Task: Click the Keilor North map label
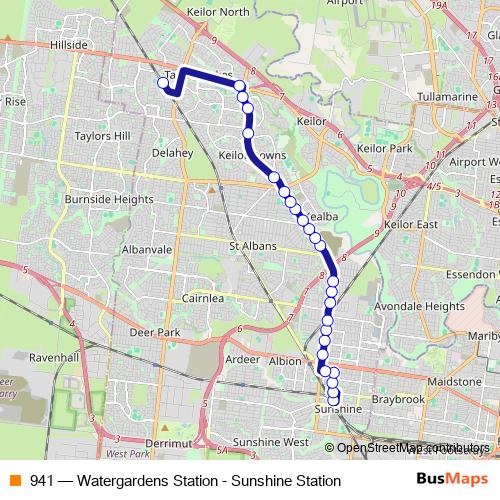click(221, 12)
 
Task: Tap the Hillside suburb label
click(70, 46)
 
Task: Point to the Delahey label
click(172, 153)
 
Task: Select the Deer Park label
click(161, 332)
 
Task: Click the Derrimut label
click(166, 442)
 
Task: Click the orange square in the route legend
click(14, 480)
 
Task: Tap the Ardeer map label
click(243, 358)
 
